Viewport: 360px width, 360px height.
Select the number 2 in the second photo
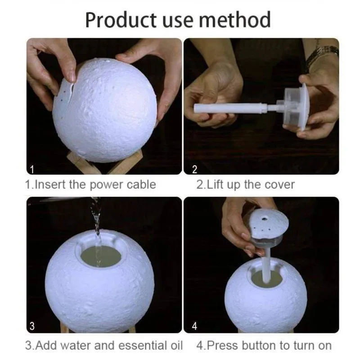coord(194,169)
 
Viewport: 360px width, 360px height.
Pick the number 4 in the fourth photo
coord(194,326)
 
